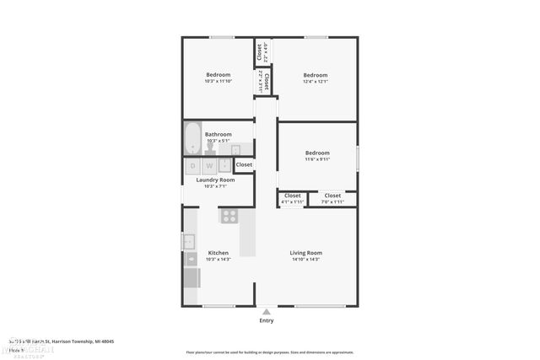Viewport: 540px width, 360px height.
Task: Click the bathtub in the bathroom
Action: pos(192,139)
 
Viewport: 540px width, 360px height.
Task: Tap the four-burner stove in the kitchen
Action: pos(229,216)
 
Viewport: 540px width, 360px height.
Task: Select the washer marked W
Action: pos(208,166)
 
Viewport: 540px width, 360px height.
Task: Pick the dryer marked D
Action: pos(192,166)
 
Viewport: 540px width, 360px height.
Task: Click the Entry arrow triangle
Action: pos(267,311)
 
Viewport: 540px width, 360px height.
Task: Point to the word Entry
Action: pos(267,320)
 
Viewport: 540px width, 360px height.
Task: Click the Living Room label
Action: pos(306,253)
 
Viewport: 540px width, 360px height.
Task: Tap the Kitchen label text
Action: pos(219,253)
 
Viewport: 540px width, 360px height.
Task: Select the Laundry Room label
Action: pos(215,180)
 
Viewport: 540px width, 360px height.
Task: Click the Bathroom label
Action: pos(218,134)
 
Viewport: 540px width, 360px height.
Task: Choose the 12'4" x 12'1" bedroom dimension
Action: pos(316,81)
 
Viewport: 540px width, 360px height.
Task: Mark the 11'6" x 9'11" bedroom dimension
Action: pos(317,159)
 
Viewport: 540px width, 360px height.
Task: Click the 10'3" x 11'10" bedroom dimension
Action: pos(218,81)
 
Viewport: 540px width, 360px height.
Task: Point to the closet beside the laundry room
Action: pos(244,164)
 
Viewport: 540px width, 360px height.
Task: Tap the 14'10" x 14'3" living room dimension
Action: pos(306,260)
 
